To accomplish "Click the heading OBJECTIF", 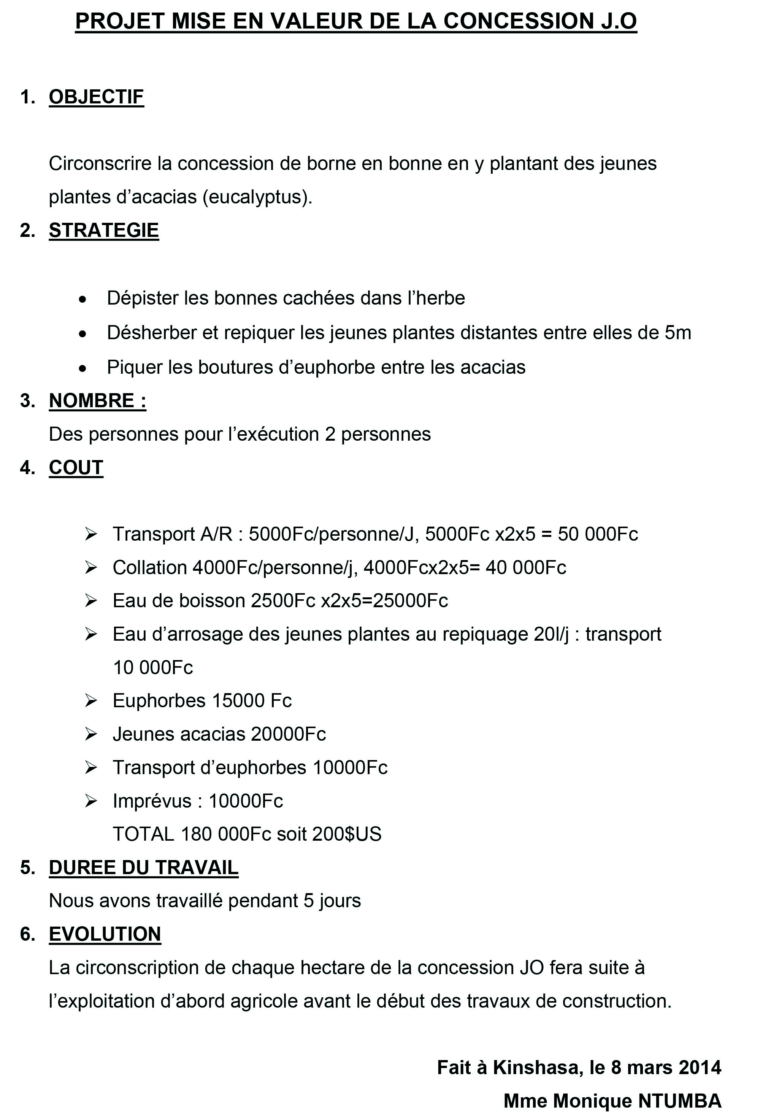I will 96,97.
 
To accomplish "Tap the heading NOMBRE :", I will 97,401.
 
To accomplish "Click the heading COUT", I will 76,468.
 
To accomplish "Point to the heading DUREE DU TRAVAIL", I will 143,867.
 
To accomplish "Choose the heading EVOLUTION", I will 105,934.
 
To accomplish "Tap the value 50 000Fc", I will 598,534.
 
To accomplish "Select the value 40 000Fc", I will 526,568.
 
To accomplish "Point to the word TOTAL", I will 143,834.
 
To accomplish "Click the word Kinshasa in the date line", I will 535,1068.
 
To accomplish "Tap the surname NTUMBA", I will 679,1101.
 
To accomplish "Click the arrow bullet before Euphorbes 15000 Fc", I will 90,701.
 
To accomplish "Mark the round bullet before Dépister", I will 83,299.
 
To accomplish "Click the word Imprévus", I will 152,801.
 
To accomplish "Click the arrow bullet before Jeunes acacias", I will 90,734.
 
